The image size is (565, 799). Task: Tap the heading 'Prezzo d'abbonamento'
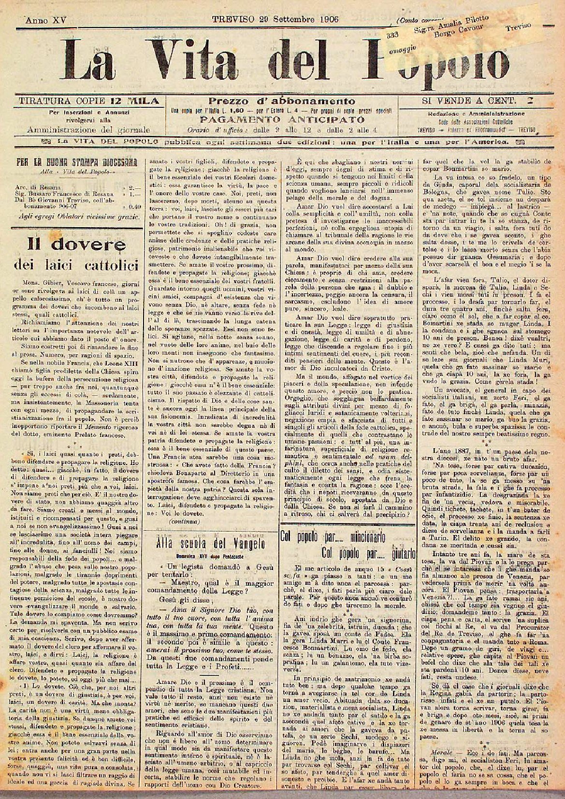pyautogui.click(x=282, y=102)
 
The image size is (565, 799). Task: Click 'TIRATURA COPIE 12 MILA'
pyautogui.click(x=88, y=101)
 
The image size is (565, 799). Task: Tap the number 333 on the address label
pyautogui.click(x=392, y=34)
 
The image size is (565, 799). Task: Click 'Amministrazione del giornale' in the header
pyautogui.click(x=88, y=130)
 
